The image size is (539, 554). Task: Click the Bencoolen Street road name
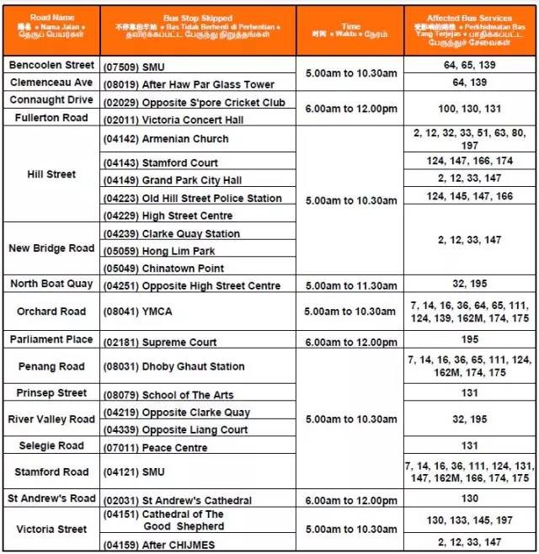(x=51, y=65)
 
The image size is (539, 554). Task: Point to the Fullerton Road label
(x=51, y=118)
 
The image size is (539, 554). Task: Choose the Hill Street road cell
(x=51, y=174)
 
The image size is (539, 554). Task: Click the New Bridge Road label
(x=51, y=248)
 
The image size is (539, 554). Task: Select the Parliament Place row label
(x=51, y=339)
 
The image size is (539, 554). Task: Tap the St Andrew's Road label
(x=51, y=498)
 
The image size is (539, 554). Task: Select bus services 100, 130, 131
(x=469, y=110)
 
